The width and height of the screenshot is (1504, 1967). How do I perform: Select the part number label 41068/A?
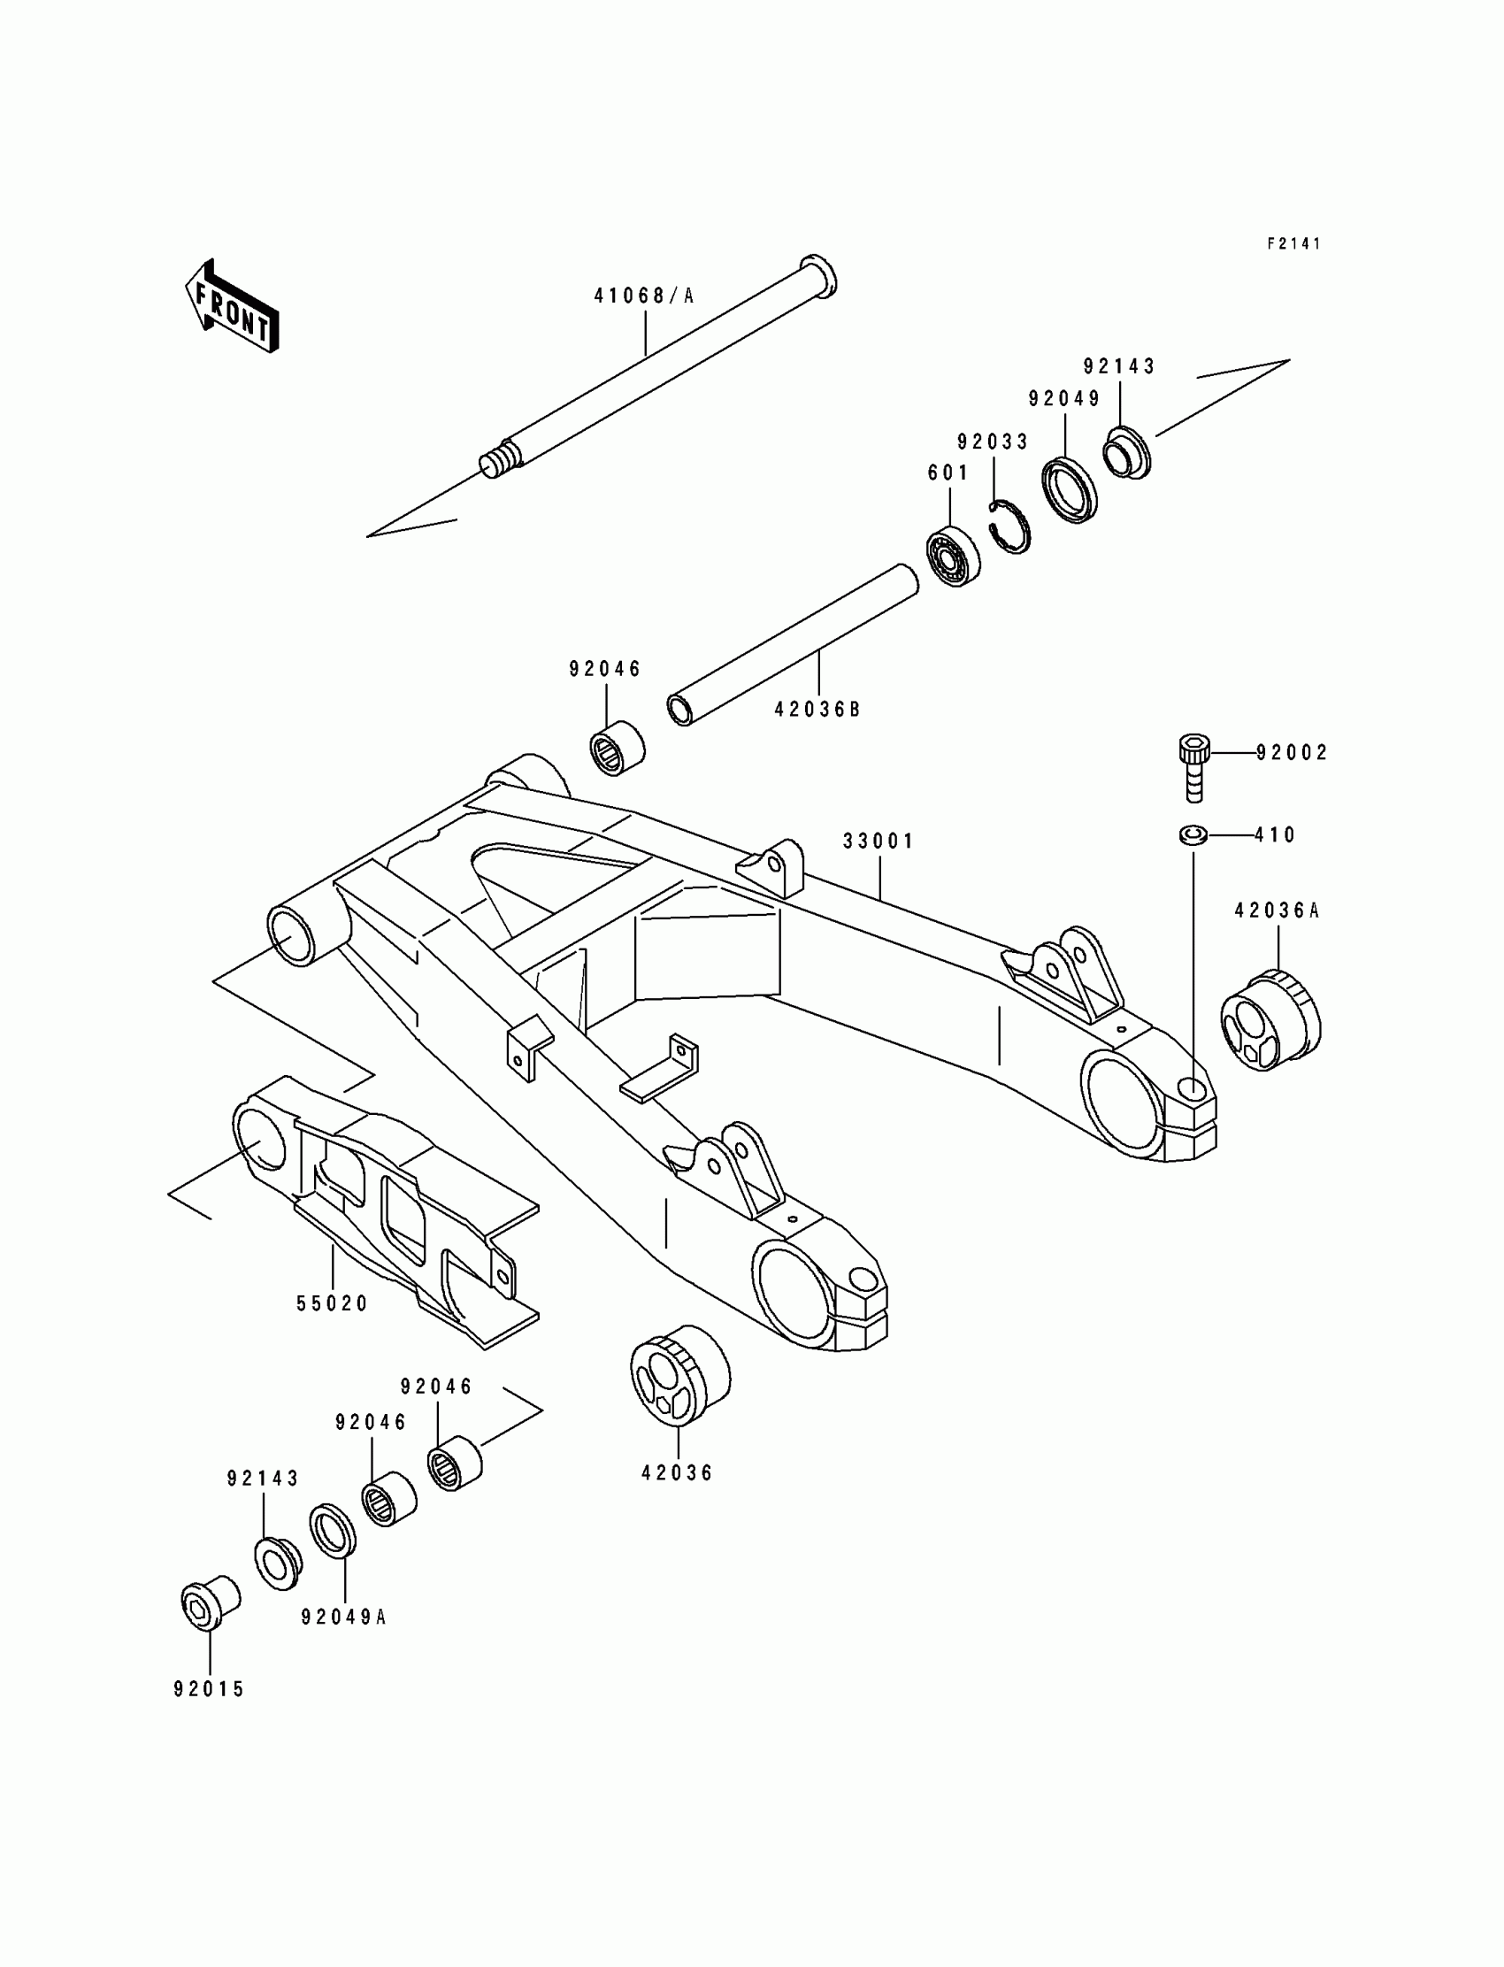tap(644, 296)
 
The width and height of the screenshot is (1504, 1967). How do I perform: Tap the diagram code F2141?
tap(1293, 243)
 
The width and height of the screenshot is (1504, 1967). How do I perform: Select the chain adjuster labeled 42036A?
tap(1270, 1020)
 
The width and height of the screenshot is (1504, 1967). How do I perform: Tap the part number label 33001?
tap(879, 841)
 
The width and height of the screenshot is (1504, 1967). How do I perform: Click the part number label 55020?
tap(332, 1304)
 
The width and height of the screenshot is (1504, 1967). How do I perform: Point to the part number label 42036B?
tap(817, 709)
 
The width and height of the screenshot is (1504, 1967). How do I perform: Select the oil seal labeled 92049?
tap(1070, 488)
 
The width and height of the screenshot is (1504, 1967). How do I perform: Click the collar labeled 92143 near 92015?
tap(278, 1563)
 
